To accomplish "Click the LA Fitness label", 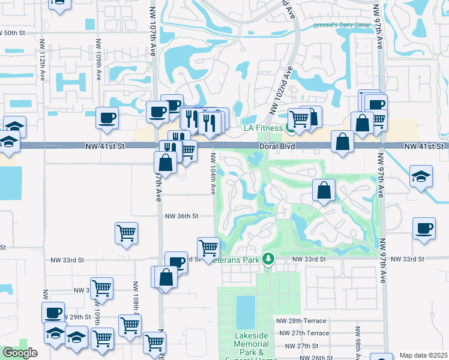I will coord(262,128).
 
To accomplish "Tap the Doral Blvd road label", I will coord(276,146).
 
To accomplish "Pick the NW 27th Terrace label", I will coord(303,333).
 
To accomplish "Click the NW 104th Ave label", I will coord(213,173).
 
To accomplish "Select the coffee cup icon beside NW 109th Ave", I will coord(107,117).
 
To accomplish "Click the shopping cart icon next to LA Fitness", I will coord(298,118).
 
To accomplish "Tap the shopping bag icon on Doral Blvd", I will coord(342,142).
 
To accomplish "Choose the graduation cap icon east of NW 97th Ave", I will coord(421,176).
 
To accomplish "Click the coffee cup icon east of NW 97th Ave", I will coord(424,229).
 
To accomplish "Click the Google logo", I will coord(20,353).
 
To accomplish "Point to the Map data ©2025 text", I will coord(423,355).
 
